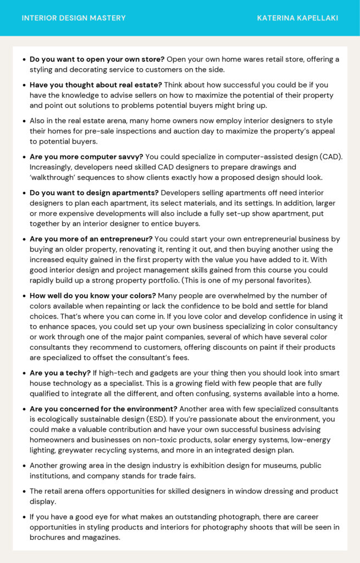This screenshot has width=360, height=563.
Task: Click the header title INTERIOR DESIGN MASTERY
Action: point(74,18)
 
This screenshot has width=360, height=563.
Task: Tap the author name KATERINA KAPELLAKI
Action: point(297,18)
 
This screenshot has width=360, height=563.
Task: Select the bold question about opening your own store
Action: point(97,59)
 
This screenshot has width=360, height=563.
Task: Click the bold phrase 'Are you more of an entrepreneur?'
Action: point(91,239)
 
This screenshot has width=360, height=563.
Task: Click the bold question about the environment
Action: point(103,409)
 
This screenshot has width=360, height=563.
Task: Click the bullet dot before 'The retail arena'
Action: point(24,492)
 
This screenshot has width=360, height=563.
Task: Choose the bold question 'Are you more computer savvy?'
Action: point(86,157)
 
